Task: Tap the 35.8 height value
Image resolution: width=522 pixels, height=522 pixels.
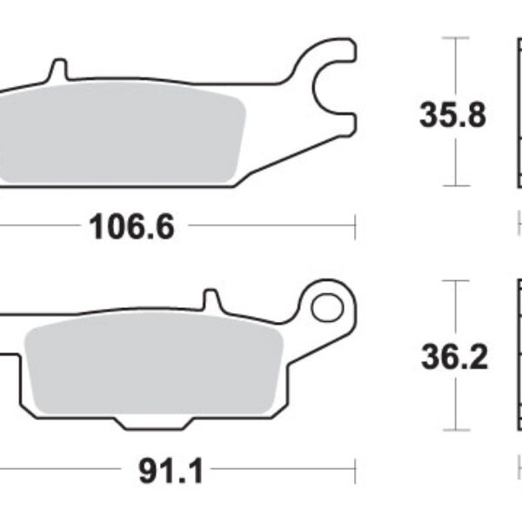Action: click(452, 115)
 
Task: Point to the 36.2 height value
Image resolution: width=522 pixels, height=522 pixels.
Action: click(452, 356)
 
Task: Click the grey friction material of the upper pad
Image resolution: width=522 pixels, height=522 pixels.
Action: click(122, 135)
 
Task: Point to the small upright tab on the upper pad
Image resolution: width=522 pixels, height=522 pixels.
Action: click(58, 68)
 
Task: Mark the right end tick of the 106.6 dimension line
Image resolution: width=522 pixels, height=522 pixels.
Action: click(355, 227)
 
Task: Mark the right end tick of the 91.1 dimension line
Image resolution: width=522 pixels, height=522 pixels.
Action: click(355, 472)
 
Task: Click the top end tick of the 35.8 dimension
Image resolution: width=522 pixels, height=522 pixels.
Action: click(455, 37)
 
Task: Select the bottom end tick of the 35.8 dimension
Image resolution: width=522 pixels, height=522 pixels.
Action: click(455, 185)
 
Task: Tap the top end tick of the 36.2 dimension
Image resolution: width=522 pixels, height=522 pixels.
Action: click(455, 281)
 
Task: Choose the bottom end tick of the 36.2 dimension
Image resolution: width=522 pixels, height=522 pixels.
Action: click(455, 430)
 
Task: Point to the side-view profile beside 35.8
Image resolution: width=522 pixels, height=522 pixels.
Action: click(514, 113)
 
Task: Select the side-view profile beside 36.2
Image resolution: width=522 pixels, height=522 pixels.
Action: click(514, 356)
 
